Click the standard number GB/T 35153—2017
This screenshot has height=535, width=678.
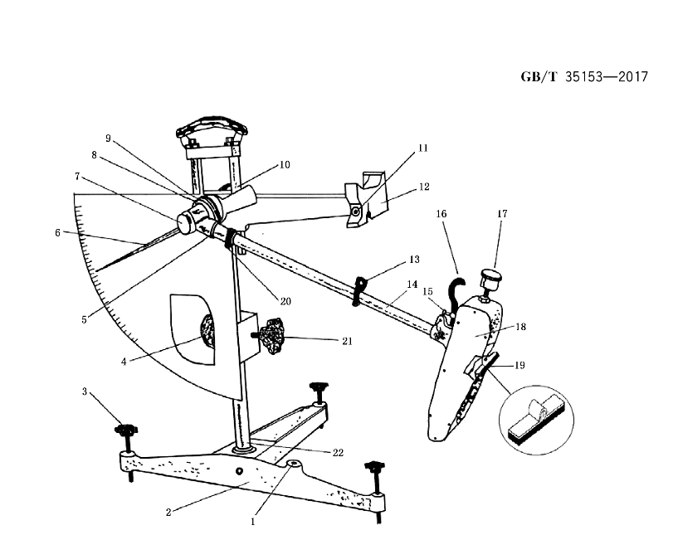[x=584, y=77]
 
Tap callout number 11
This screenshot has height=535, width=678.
[x=423, y=148]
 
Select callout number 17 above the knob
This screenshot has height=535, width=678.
[x=502, y=213]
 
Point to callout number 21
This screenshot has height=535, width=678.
[x=347, y=342]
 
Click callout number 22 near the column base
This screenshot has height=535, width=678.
[x=338, y=452]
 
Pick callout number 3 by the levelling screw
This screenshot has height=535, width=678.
[x=85, y=392]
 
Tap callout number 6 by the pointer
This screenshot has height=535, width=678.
[x=57, y=233]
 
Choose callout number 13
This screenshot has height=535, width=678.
[x=414, y=260]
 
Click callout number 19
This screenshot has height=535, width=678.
[x=519, y=365]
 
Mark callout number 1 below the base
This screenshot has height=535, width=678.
[x=253, y=522]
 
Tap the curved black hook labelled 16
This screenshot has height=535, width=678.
[x=456, y=293]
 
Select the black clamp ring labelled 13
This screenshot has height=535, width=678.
[x=360, y=292]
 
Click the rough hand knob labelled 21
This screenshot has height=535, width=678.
[x=271, y=336]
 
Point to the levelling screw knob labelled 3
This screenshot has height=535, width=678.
[x=126, y=430]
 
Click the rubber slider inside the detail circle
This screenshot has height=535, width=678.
[x=537, y=422]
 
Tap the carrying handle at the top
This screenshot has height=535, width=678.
[x=212, y=126]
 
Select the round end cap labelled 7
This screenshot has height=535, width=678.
[x=187, y=223]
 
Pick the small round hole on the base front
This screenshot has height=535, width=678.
[x=239, y=470]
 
